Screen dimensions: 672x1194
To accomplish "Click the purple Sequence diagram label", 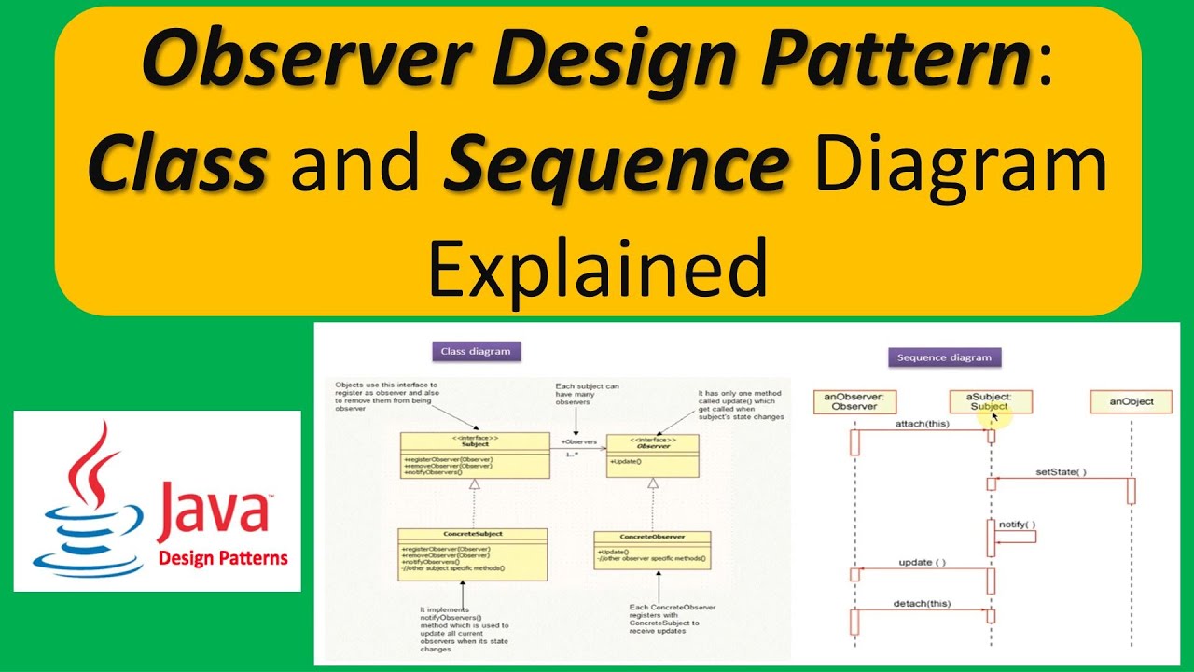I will coord(943,357).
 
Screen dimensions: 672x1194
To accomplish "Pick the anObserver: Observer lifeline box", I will coord(854,401).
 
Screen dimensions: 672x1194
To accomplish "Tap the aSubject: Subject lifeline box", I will coord(990,401).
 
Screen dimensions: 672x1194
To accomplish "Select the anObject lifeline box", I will coord(1131,401).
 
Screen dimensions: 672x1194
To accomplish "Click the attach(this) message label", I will coord(922,424).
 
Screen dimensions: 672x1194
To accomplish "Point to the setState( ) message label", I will coord(1061,472).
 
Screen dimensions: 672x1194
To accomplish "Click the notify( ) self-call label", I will coord(1017,525).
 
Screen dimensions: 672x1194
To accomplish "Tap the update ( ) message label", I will coord(922,563).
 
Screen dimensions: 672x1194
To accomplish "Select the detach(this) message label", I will coord(922,604).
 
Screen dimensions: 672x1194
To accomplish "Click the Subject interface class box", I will coord(475,455).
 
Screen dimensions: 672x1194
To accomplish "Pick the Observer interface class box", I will coord(653,455).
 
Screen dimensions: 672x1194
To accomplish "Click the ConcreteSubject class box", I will coord(472,553).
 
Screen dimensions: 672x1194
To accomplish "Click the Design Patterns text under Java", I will coord(223,558).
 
